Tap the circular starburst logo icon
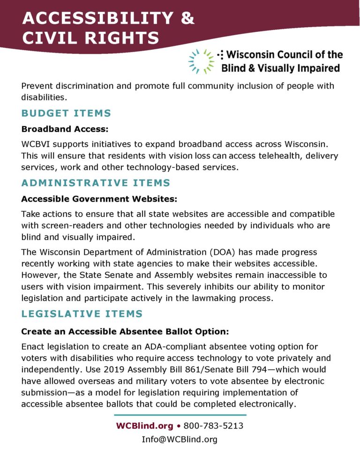click(x=201, y=61)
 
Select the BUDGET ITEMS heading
click(x=66, y=113)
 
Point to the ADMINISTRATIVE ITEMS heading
click(x=96, y=183)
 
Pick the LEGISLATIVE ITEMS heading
click(x=82, y=314)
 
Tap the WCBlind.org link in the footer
click(x=143, y=426)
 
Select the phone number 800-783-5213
click(x=213, y=426)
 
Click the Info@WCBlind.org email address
click(x=180, y=439)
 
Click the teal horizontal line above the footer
click(x=180, y=415)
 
